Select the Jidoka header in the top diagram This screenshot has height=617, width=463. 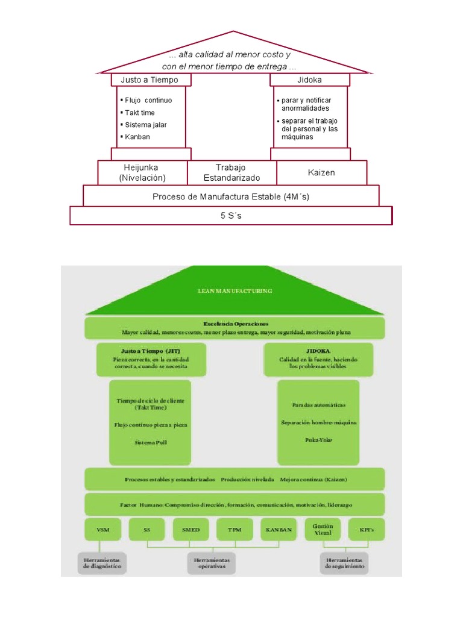click(309, 80)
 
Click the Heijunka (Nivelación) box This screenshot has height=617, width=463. click(143, 172)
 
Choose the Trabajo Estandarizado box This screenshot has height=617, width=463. click(232, 172)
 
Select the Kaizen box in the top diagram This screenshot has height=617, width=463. click(321, 172)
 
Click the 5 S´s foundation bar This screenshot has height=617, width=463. click(231, 216)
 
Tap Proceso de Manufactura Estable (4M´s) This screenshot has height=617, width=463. click(231, 196)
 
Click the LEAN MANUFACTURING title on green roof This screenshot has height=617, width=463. click(235, 291)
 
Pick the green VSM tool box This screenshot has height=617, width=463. click(103, 530)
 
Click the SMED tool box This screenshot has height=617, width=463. click(191, 530)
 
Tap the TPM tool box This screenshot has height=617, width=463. click(235, 530)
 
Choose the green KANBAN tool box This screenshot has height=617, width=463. click(279, 530)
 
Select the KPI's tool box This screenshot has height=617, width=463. click(367, 530)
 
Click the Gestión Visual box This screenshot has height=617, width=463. click(323, 530)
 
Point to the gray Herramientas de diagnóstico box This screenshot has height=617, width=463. click(102, 563)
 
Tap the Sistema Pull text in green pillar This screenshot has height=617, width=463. click(150, 442)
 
